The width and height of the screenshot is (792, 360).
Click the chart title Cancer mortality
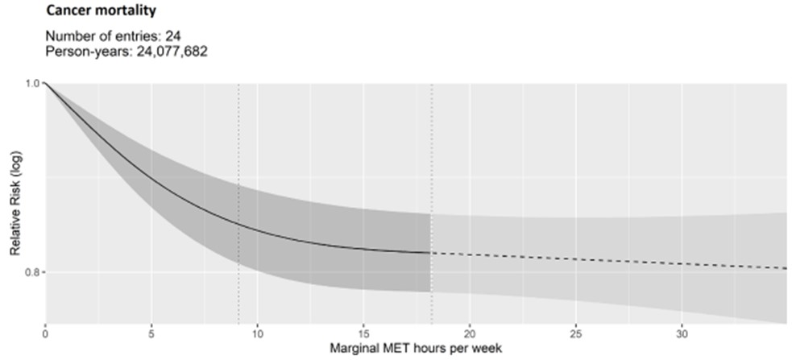click(x=100, y=12)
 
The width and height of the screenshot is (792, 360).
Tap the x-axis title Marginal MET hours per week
click(x=416, y=348)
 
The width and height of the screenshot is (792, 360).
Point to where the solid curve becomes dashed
click(x=431, y=253)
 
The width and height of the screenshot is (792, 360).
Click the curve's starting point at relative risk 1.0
click(x=45, y=83)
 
